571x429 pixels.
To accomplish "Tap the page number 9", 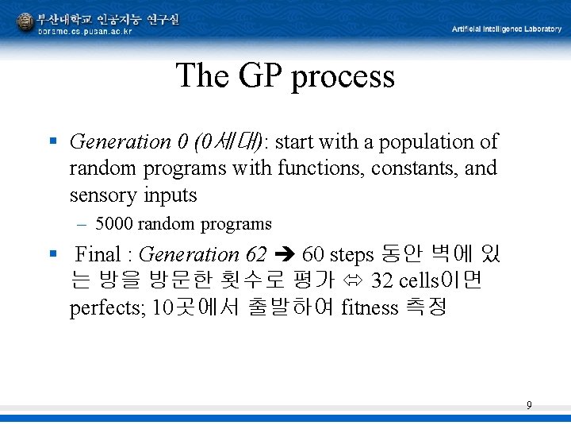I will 529,406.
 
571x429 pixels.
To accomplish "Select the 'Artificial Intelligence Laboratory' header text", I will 506,29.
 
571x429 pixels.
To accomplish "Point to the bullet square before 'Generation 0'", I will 52,141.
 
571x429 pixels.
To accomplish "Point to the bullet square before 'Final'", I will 52,255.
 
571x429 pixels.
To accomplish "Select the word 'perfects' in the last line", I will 106,308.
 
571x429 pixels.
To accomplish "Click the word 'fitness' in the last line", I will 369,307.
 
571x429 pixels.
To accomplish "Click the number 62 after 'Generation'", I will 256,255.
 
